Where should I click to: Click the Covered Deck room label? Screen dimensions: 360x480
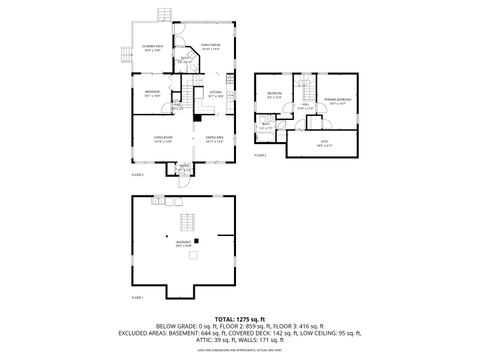click(x=153, y=48)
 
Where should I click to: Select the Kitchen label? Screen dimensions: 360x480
click(x=214, y=94)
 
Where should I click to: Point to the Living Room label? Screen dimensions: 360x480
click(x=164, y=139)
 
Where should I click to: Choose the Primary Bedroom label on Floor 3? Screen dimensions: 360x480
click(x=336, y=101)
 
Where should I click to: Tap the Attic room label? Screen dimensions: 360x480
click(x=323, y=143)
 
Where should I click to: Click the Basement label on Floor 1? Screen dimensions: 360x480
click(x=183, y=243)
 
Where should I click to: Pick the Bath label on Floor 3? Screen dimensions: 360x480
click(x=266, y=126)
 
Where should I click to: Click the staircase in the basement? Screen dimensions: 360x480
click(x=185, y=222)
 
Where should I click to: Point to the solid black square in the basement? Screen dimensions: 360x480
click(x=197, y=240)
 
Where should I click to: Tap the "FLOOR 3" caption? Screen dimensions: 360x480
click(x=260, y=156)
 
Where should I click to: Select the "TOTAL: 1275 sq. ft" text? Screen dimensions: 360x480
click(x=239, y=318)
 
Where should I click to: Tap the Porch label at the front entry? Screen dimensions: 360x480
click(x=183, y=166)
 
